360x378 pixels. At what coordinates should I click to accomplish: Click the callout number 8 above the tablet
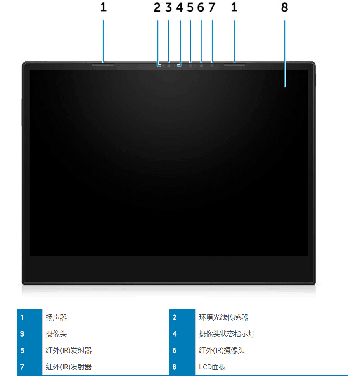pyautogui.click(x=284, y=7)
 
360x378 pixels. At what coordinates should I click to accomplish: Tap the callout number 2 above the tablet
pyautogui.click(x=157, y=7)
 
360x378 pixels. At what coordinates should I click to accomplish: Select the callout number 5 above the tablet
pyautogui.click(x=190, y=7)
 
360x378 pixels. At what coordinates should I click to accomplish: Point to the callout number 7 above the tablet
pyautogui.click(x=212, y=7)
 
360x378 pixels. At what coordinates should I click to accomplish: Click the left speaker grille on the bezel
pyautogui.click(x=103, y=64)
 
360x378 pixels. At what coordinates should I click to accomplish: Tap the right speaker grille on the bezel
pyautogui.click(x=234, y=64)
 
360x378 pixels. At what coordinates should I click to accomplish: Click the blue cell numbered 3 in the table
pyautogui.click(x=29, y=334)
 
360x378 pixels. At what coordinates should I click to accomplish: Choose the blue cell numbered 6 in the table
pyautogui.click(x=182, y=350)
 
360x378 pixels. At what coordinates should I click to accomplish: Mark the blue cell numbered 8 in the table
pyautogui.click(x=182, y=367)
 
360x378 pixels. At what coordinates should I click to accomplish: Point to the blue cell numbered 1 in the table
pyautogui.click(x=29, y=317)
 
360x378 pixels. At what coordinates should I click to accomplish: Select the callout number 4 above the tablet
pyautogui.click(x=180, y=7)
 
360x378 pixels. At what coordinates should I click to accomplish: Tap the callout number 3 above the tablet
pyautogui.click(x=168, y=7)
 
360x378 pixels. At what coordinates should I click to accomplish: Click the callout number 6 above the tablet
pyautogui.click(x=201, y=7)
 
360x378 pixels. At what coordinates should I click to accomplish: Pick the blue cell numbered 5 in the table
pyautogui.click(x=29, y=350)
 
